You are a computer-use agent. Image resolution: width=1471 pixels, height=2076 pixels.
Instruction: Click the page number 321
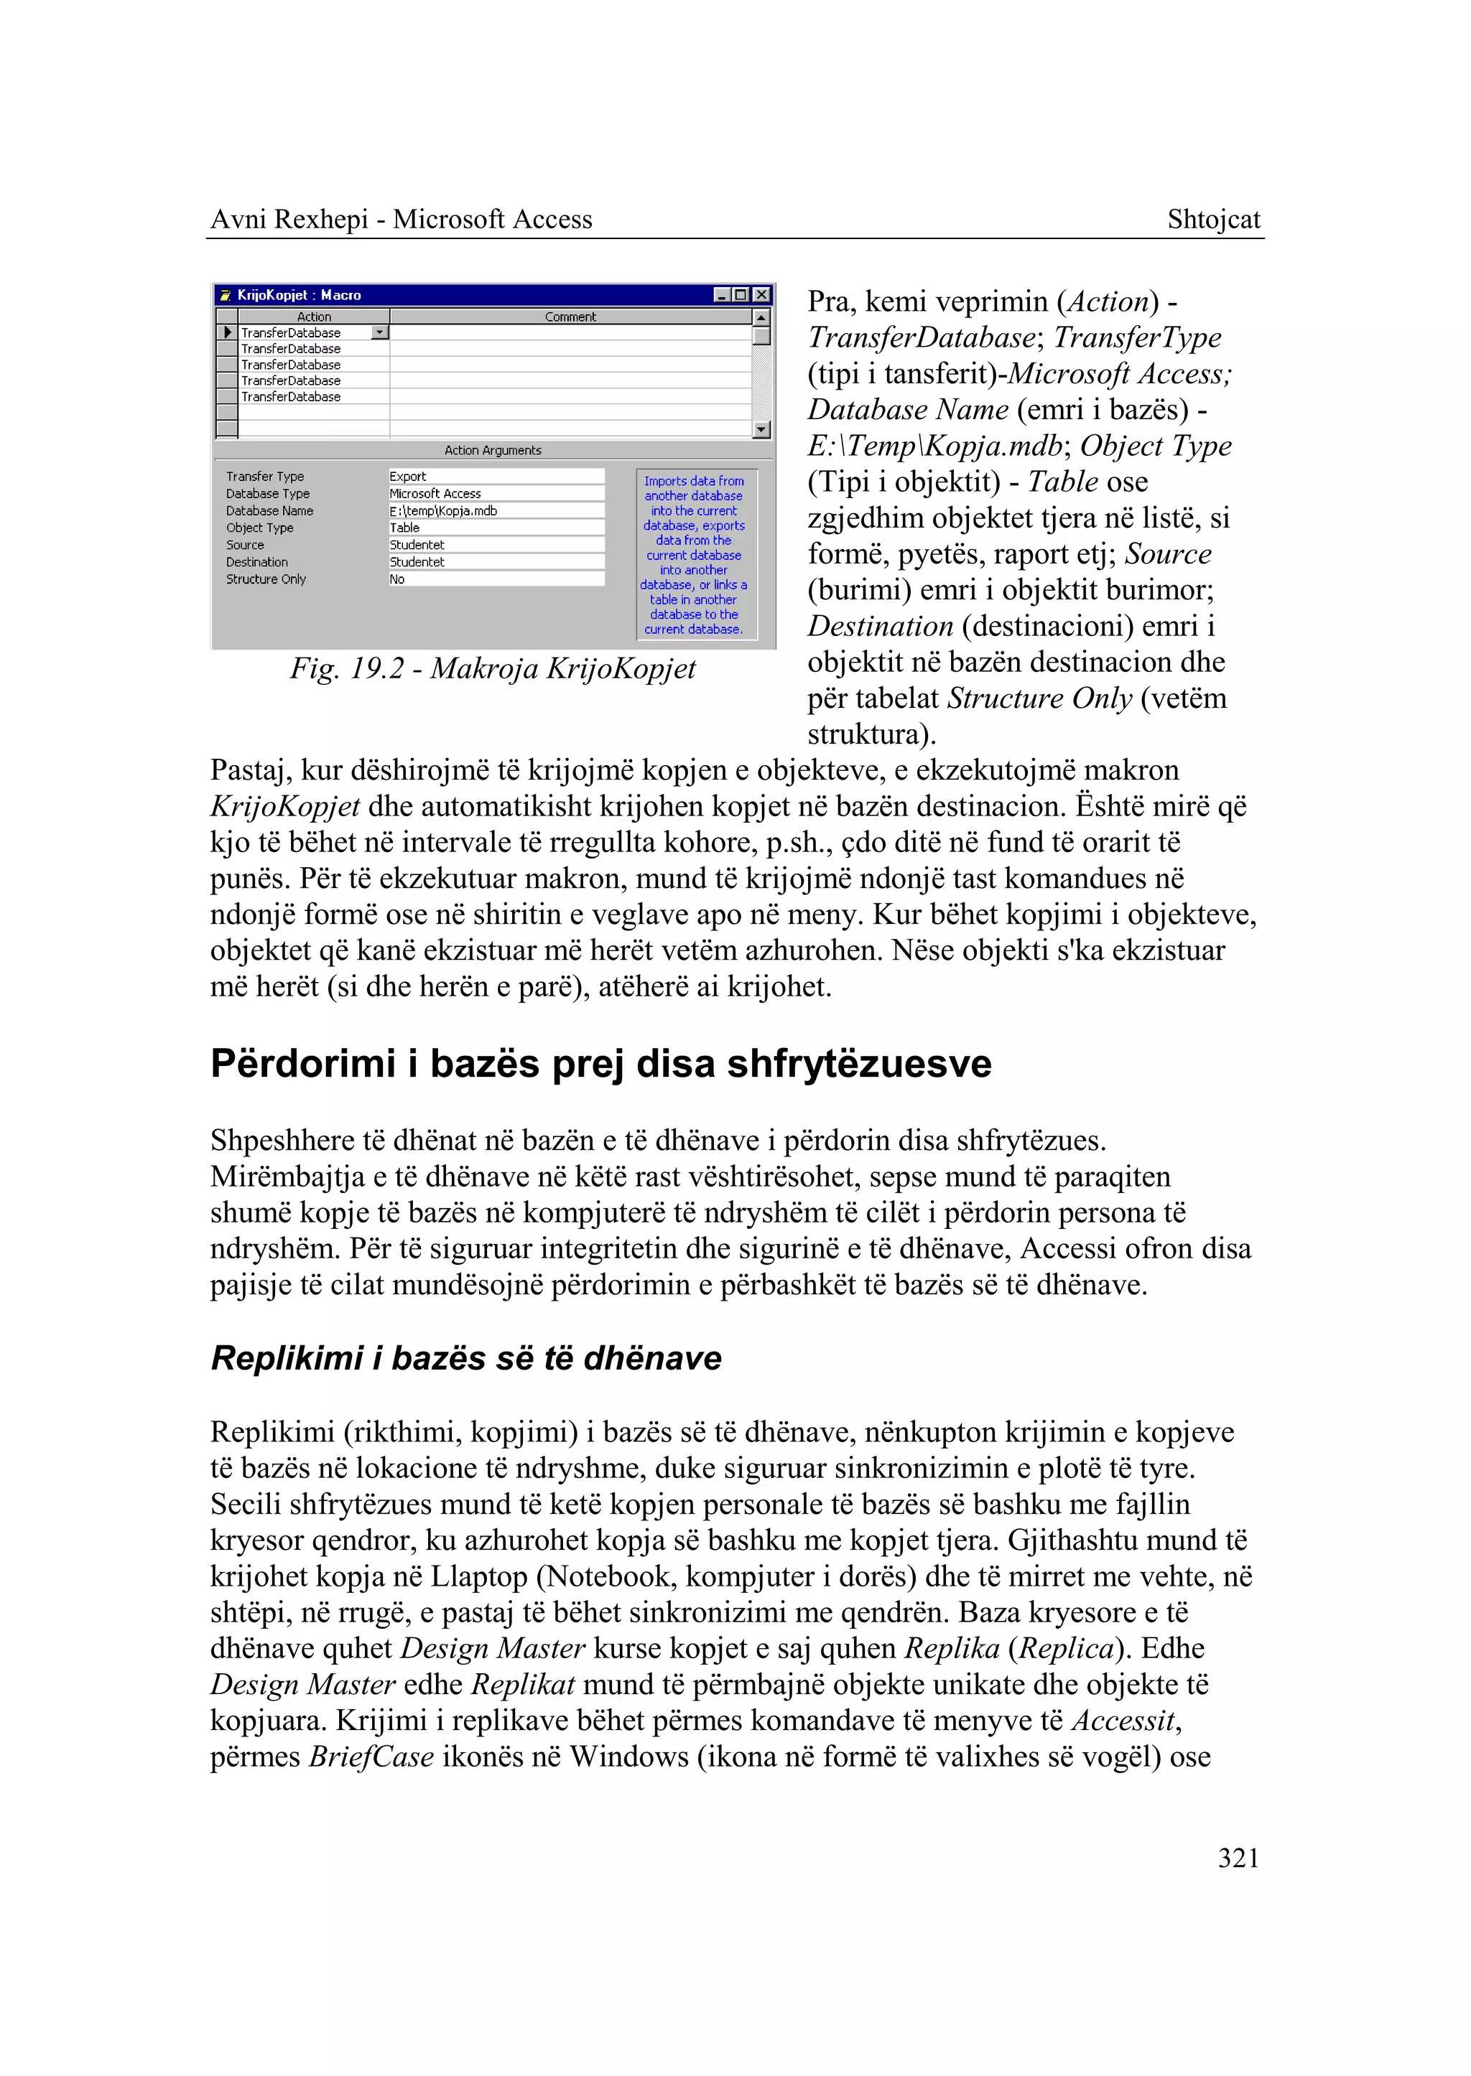(1238, 1858)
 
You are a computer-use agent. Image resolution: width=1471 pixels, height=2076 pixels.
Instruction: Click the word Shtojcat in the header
(1213, 219)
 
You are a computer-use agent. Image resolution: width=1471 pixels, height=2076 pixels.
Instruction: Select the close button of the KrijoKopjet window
(762, 295)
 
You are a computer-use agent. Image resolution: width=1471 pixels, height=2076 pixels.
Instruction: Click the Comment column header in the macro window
(570, 317)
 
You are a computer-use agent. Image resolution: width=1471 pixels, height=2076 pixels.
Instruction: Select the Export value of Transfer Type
(407, 476)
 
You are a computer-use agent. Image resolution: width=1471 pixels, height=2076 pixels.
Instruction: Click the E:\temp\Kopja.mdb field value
(443, 510)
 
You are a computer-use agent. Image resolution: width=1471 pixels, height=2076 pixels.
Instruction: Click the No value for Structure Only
(396, 579)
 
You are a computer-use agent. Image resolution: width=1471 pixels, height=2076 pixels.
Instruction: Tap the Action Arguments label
(492, 450)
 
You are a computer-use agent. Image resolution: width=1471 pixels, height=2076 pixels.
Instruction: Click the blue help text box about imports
(694, 555)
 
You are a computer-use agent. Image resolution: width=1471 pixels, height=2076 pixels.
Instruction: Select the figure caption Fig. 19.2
(493, 668)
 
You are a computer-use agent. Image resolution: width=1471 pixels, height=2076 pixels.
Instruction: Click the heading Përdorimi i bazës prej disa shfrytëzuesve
(600, 1064)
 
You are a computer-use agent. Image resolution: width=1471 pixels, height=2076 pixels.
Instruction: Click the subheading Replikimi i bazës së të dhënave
(465, 1358)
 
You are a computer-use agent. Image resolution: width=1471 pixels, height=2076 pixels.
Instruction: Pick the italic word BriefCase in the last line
(371, 1757)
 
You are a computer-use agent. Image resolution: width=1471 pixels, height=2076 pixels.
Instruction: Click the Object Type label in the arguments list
(259, 528)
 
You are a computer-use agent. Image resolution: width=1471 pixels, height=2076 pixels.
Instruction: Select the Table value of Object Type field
(404, 528)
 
